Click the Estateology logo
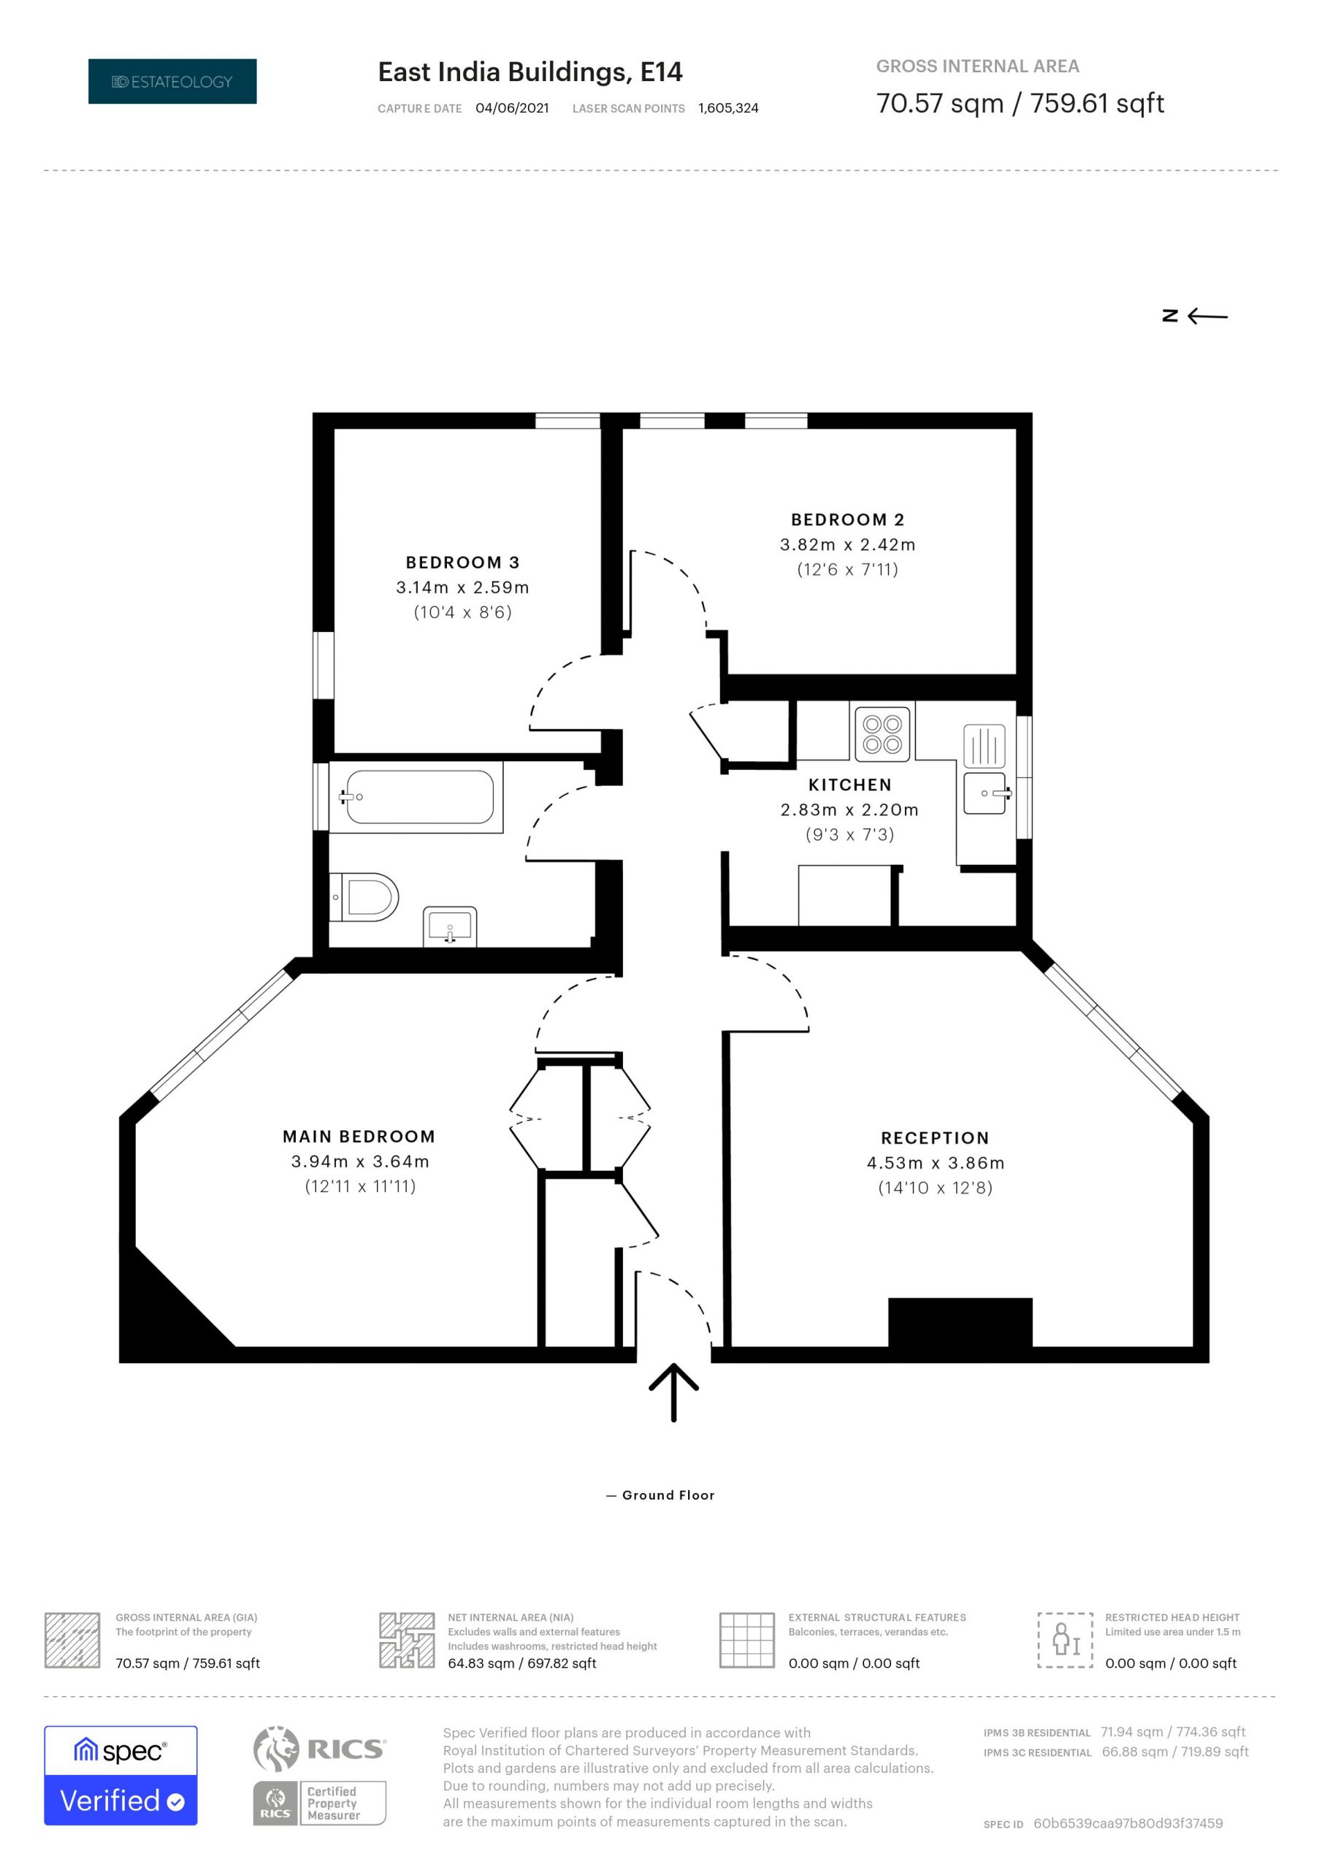click(x=172, y=81)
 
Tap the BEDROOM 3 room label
click(x=462, y=562)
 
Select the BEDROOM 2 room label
click(x=847, y=519)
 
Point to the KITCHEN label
click(x=849, y=785)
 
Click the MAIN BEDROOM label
click(x=359, y=1136)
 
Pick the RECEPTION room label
click(x=935, y=1138)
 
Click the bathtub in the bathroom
click(x=416, y=796)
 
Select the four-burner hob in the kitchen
click(x=882, y=733)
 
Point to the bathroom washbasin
click(x=450, y=926)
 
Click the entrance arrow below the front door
click(x=673, y=1392)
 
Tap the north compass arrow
click(x=1207, y=316)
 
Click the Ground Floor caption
click(x=668, y=1495)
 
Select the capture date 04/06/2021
click(x=512, y=108)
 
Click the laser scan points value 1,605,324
click(x=728, y=108)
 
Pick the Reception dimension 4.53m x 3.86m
click(x=935, y=1162)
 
